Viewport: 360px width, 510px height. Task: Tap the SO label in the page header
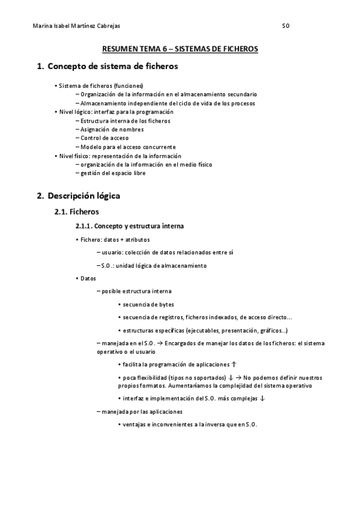[x=286, y=26]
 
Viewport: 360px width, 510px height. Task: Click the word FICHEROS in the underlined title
[x=237, y=49]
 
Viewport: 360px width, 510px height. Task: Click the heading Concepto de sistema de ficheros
[x=112, y=66]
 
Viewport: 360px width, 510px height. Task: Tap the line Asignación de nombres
[x=112, y=129]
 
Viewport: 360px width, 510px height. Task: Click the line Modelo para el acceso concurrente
[x=128, y=147]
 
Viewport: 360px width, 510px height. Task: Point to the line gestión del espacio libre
[x=113, y=173]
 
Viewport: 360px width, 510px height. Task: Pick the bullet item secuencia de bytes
[x=148, y=304]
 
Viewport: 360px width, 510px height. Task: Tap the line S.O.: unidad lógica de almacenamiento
[x=153, y=265]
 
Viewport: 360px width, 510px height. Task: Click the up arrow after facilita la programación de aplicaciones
[x=234, y=364]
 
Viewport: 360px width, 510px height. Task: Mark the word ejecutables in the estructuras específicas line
[x=204, y=330]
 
